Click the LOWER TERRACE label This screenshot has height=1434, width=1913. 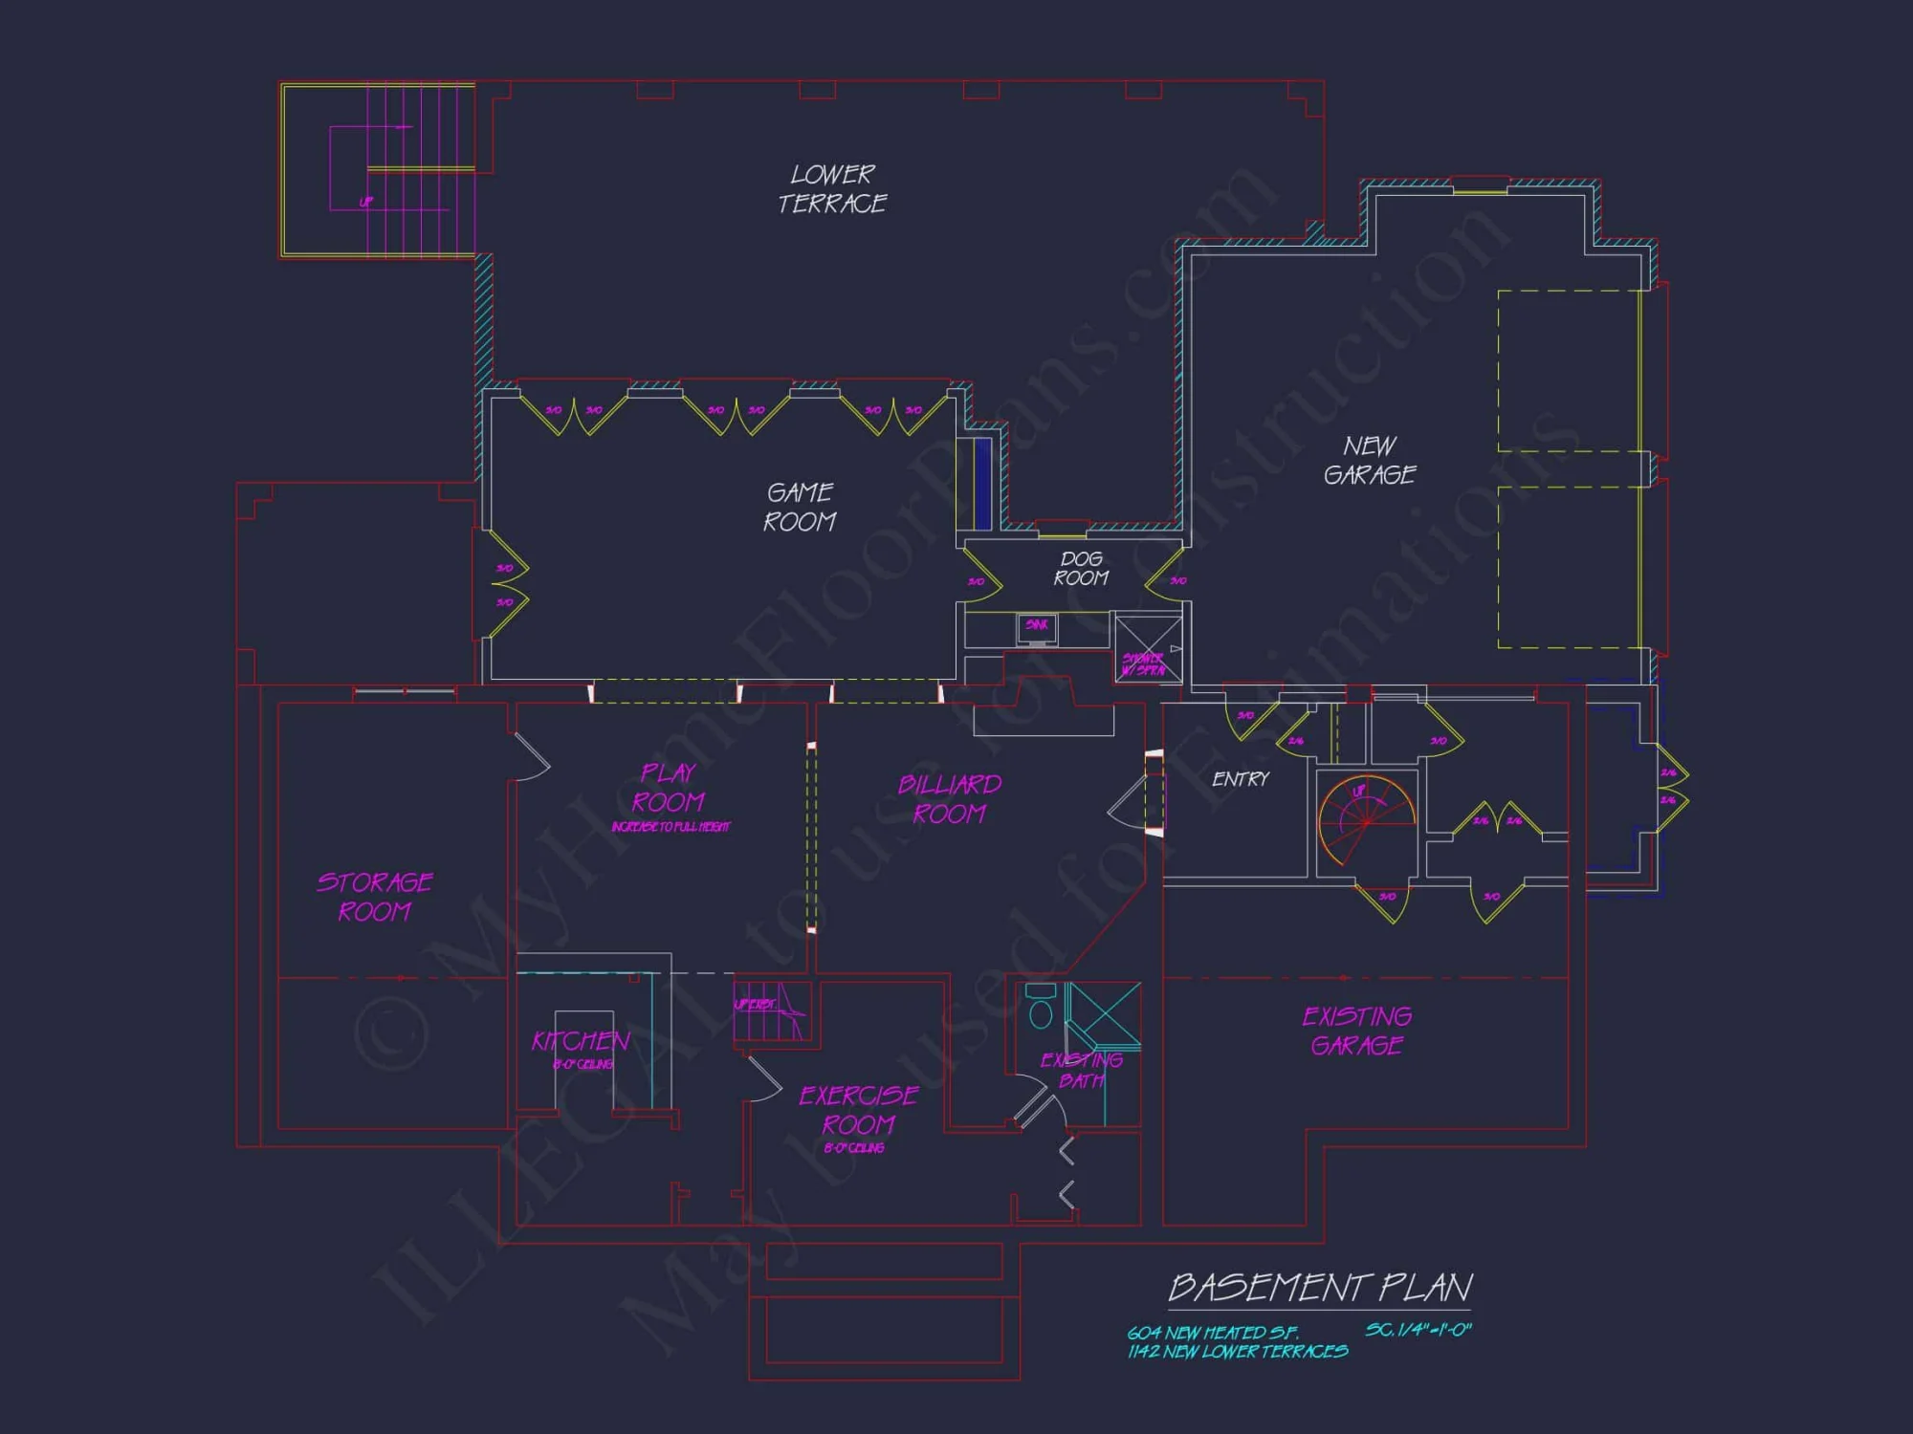[x=832, y=189]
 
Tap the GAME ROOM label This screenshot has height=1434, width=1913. [x=800, y=507]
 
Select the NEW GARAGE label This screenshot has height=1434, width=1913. [x=1370, y=460]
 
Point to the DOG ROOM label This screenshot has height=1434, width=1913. [x=1081, y=568]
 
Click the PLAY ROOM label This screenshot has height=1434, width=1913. [x=669, y=787]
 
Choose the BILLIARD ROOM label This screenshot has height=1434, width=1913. [x=950, y=799]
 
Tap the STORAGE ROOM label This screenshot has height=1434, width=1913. [x=375, y=897]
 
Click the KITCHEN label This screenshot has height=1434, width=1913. [x=581, y=1041]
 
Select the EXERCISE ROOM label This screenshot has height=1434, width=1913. [x=859, y=1110]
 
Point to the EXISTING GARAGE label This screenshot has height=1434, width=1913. [x=1357, y=1031]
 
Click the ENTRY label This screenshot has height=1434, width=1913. [x=1241, y=779]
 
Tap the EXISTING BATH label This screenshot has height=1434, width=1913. [x=1082, y=1071]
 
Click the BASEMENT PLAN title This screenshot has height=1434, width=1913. [x=1320, y=1288]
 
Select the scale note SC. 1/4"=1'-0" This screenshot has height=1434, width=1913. [x=1418, y=1330]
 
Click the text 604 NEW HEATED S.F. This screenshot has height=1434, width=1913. [x=1213, y=1333]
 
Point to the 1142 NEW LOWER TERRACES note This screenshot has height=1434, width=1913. [x=1238, y=1352]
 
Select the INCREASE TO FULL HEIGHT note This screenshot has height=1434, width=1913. [x=671, y=827]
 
